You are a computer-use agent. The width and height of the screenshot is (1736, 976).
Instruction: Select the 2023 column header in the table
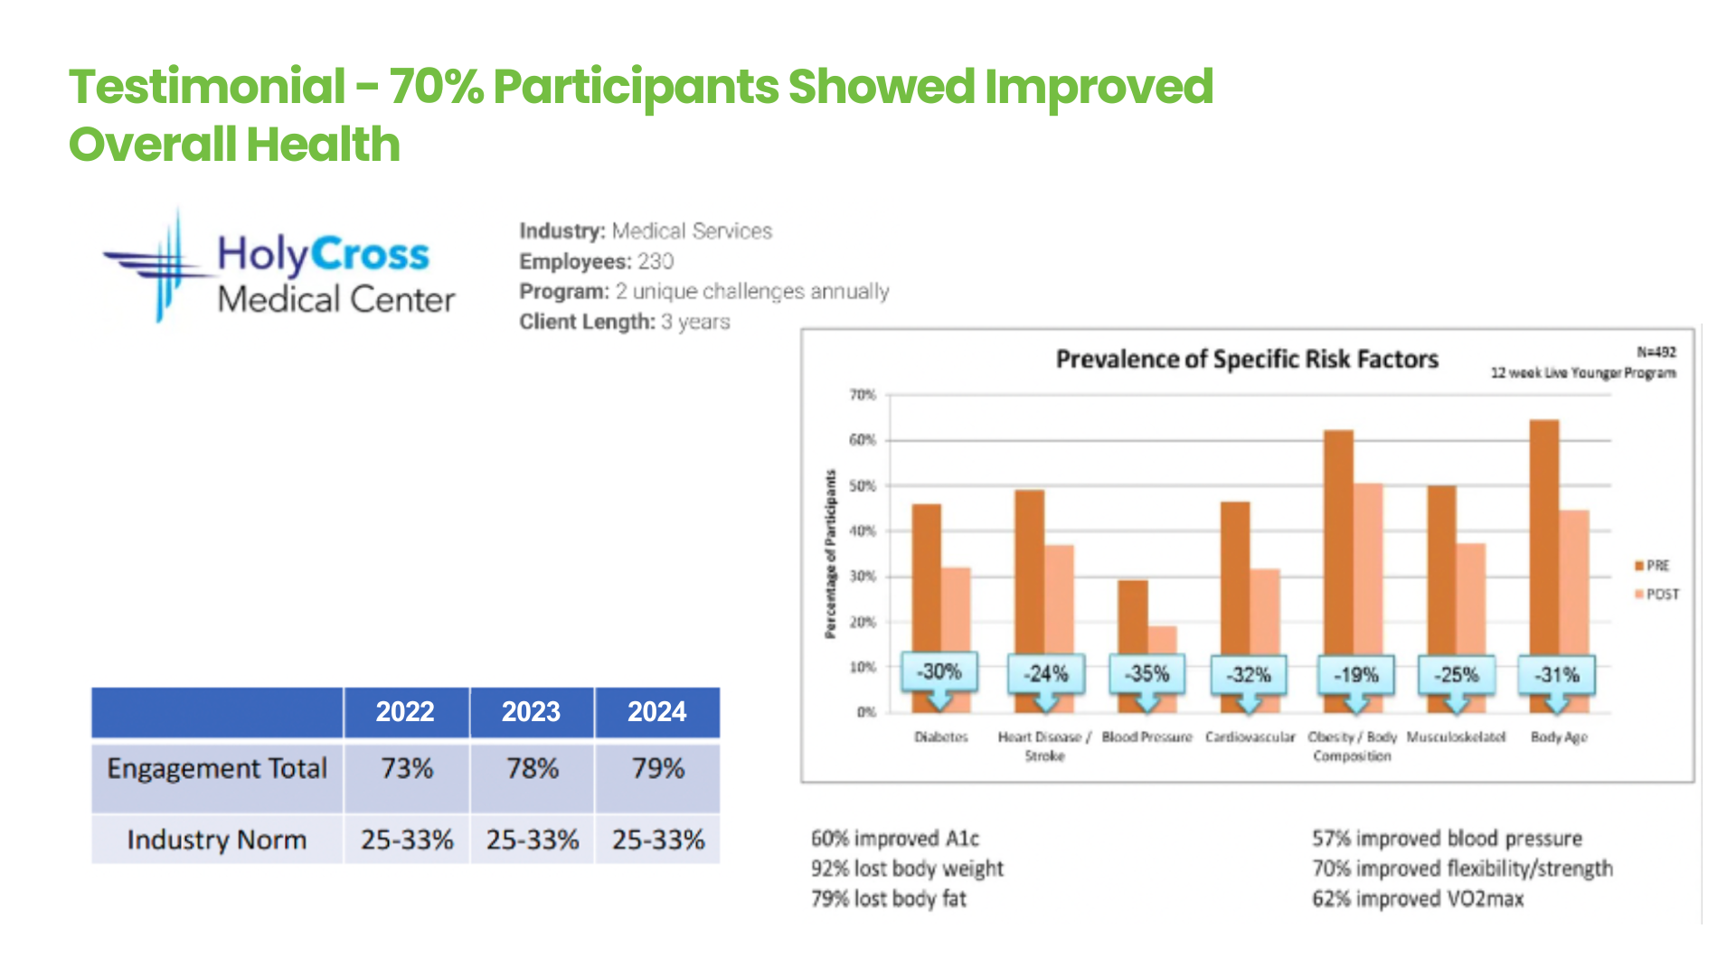(x=532, y=712)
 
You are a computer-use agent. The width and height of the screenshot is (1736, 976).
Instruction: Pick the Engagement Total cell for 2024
(x=657, y=769)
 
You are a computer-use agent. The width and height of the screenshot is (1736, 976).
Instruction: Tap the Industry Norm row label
(x=217, y=840)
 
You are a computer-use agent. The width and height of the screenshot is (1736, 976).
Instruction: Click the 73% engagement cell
(x=407, y=769)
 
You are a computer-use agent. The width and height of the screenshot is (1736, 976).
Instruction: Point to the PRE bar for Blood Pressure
(x=1132, y=615)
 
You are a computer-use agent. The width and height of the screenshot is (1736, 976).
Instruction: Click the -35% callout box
(x=1146, y=674)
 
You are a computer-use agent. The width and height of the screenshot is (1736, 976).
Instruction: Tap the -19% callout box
(x=1356, y=675)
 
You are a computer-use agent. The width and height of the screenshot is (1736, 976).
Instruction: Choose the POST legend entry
(x=1658, y=595)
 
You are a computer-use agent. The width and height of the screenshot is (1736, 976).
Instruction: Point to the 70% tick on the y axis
(x=863, y=395)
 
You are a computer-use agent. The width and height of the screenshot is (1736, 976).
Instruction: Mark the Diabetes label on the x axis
(x=940, y=737)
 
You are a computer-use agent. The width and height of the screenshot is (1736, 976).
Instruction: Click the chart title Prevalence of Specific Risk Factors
(x=1247, y=360)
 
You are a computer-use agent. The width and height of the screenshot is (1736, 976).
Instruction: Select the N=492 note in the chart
(x=1656, y=352)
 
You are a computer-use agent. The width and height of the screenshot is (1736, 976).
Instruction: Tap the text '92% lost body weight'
(x=907, y=868)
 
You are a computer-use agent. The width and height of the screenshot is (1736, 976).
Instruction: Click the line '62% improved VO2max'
(x=1418, y=899)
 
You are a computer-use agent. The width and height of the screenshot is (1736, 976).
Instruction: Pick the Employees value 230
(x=656, y=262)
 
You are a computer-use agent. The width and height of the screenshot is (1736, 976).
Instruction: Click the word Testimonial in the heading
(x=207, y=87)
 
